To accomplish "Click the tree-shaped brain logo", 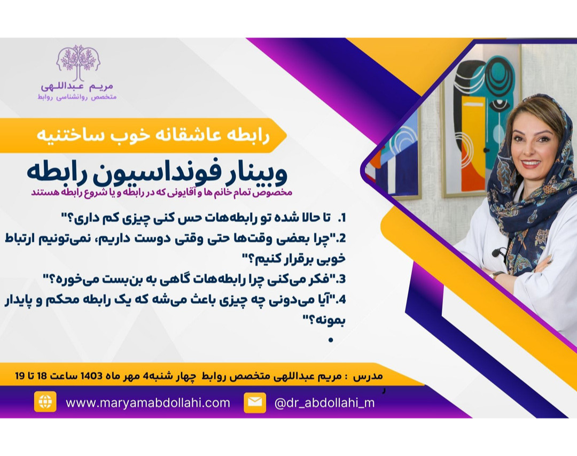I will coord(79,62).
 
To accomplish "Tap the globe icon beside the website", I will coord(45,402).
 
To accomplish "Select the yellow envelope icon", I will coord(255,403).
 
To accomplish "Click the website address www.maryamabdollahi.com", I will coord(148,403).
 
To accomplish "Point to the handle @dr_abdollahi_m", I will coord(324,403).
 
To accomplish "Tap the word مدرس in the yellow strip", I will coord(369,376).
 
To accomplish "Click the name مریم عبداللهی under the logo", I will coord(78,86).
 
